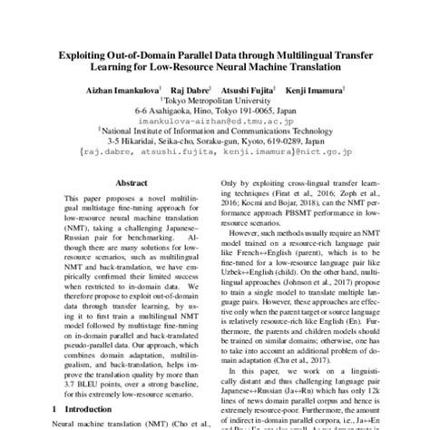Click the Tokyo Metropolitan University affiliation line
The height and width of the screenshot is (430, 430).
215,102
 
